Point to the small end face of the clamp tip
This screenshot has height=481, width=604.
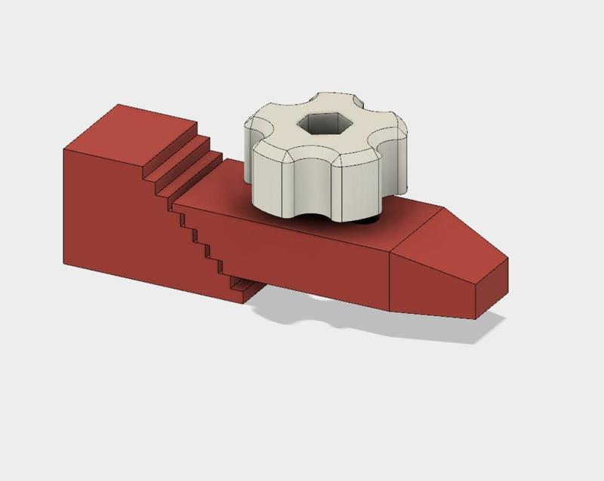point(491,287)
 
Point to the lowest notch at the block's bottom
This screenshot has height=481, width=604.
point(242,286)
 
